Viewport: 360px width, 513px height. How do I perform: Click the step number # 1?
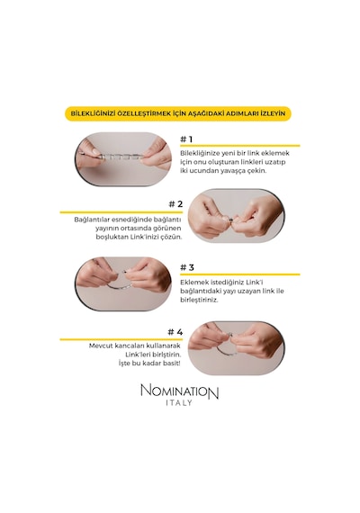tap(186, 139)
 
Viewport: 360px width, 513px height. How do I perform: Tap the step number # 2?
tap(175, 204)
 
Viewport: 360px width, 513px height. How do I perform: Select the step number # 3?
tap(187, 267)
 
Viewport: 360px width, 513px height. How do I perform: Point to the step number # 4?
tap(175, 332)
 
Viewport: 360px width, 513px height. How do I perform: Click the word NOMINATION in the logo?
tap(180, 391)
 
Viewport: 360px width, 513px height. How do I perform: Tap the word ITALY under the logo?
tap(179, 403)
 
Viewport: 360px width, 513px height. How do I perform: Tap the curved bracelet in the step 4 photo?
tap(227, 347)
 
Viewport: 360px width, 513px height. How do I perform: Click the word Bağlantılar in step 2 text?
tap(90, 220)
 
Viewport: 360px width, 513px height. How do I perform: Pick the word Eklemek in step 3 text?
tap(193, 282)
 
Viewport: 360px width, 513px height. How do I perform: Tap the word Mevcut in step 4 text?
tap(99, 346)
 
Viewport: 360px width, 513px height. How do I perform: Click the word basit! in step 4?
tap(171, 364)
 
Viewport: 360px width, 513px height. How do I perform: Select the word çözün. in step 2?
tap(171, 237)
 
